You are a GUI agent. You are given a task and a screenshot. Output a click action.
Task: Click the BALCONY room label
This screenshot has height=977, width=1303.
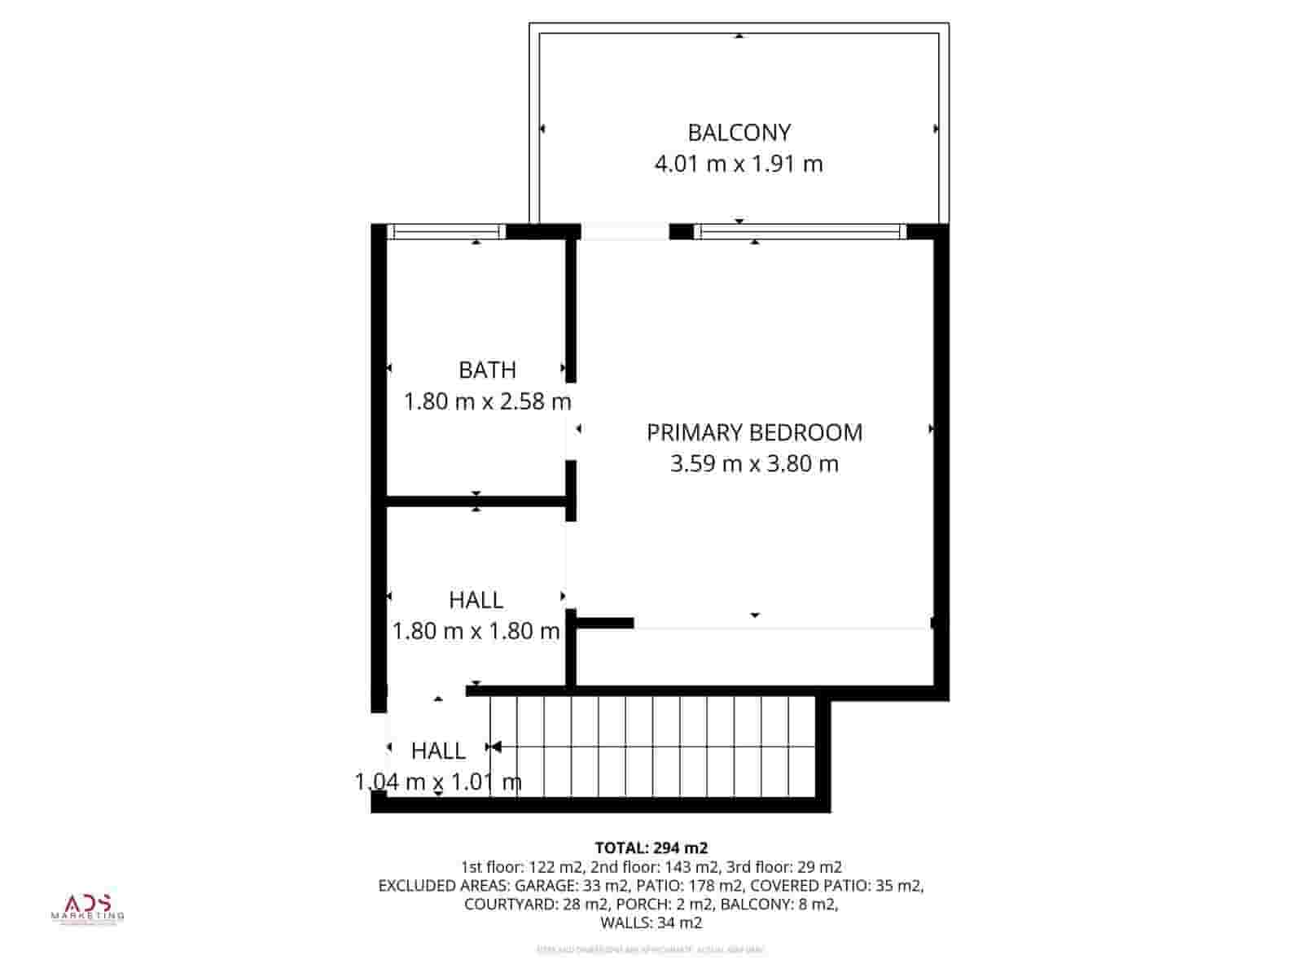click(739, 132)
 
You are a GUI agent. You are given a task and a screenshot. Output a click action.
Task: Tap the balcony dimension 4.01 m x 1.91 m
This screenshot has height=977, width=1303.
click(739, 164)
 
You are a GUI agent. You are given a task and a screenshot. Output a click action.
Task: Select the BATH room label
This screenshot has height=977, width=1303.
click(487, 370)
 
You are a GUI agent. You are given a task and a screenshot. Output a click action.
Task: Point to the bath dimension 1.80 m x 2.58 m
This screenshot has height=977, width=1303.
click(487, 401)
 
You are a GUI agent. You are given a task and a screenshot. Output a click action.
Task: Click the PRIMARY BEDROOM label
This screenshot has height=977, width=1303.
click(754, 432)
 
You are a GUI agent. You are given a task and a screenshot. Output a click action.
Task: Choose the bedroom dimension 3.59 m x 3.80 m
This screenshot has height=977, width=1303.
click(754, 464)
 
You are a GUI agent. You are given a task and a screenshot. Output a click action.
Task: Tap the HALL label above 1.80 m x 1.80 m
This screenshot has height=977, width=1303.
click(476, 600)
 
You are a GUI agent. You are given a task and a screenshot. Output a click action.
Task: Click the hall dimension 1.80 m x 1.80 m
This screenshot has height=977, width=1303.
click(476, 631)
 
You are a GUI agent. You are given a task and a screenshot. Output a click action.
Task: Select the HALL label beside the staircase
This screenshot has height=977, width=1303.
click(438, 751)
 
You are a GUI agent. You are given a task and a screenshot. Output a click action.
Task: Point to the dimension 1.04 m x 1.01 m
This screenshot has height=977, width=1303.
click(438, 782)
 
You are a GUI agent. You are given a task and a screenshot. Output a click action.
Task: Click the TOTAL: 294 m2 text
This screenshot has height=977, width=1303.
click(651, 848)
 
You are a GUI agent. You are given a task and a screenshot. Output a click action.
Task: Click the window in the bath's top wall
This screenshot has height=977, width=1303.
click(445, 232)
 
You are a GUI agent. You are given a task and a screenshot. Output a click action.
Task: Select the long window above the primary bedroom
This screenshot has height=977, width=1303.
click(800, 232)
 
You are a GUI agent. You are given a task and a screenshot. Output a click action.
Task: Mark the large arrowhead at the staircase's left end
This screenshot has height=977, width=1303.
click(495, 747)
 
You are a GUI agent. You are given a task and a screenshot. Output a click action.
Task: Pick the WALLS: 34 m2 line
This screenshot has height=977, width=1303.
click(651, 922)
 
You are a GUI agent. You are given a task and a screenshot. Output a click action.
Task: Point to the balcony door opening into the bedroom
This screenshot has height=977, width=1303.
click(625, 232)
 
